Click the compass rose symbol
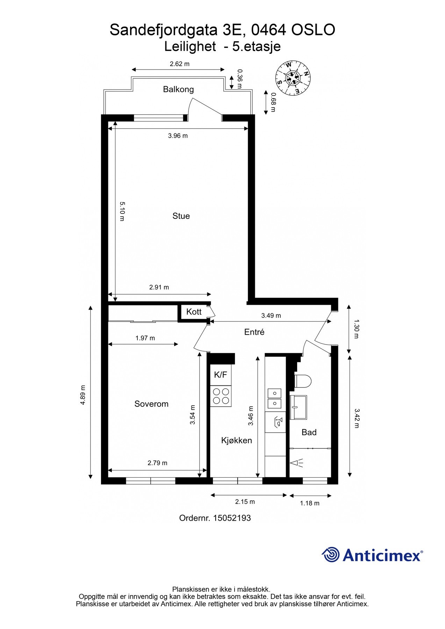tap(293, 78)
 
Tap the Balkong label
tap(178, 89)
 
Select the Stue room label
tap(181, 216)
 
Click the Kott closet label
tap(194, 312)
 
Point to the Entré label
tap(254, 332)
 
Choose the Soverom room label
tap(151, 404)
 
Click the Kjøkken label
tap(237, 440)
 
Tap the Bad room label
tap(309, 432)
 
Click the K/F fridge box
tap(221, 375)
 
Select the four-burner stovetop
tap(221, 396)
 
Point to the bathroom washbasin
tap(298, 407)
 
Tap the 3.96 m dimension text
tap(178, 136)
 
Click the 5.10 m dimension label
tap(122, 211)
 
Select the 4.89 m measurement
tap(83, 395)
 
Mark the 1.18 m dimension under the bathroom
tap(310, 503)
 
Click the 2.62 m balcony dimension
tap(180, 64)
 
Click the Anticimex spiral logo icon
tap(331, 555)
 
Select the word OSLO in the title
tap(313, 30)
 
